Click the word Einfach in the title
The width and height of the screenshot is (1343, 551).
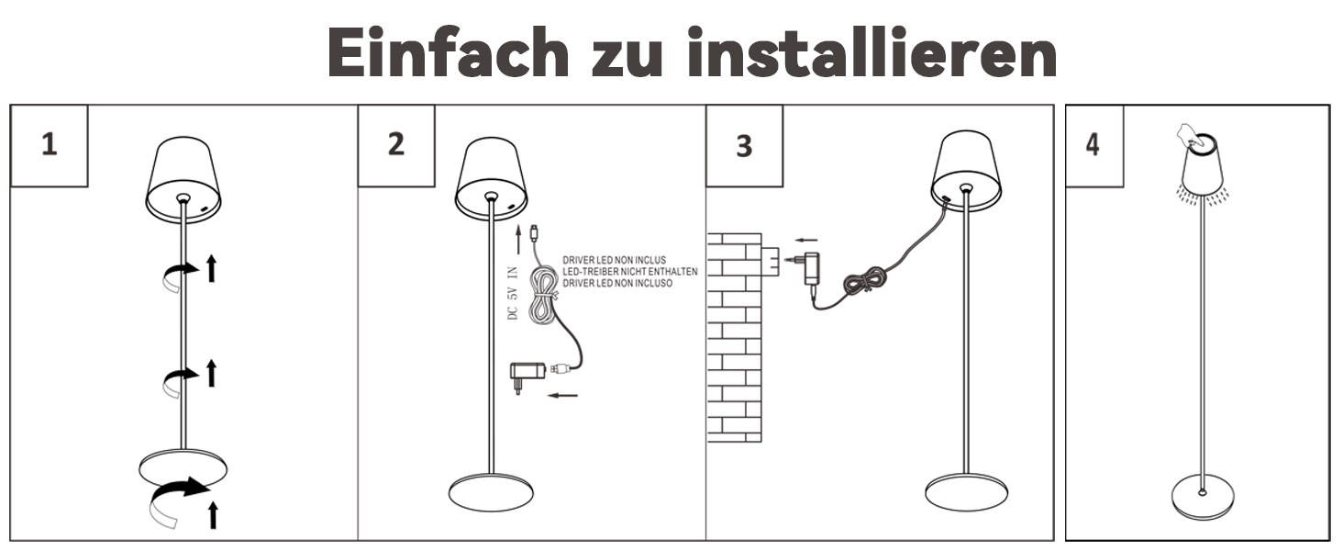click(448, 51)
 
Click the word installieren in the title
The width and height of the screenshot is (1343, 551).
click(871, 51)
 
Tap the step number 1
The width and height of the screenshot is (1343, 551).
click(50, 145)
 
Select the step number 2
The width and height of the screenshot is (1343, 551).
click(395, 144)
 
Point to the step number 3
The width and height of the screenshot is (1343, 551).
click(744, 146)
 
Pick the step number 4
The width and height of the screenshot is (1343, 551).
click(1093, 145)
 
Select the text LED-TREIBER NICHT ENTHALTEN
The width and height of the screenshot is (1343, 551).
click(630, 272)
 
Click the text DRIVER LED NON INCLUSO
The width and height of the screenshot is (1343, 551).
click(617, 283)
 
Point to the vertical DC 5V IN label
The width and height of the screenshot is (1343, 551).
click(512, 293)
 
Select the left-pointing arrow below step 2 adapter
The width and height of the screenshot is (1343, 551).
click(563, 395)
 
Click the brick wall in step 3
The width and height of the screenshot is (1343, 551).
click(735, 338)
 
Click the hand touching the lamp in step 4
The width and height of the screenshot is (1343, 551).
click(1190, 136)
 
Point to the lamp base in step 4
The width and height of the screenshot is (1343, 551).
click(1202, 497)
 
